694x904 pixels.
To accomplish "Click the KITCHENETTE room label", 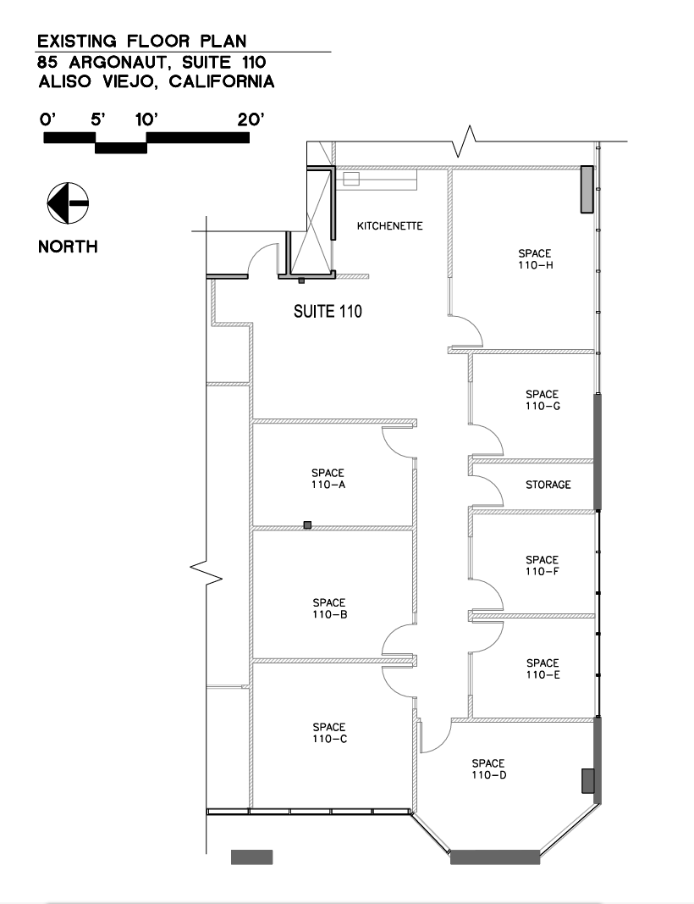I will point(389,226).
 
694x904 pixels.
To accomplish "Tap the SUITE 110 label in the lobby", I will point(328,312).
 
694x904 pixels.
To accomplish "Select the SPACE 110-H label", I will point(535,259).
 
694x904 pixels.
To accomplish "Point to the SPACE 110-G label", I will point(542,400).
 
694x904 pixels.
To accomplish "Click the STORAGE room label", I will point(548,485).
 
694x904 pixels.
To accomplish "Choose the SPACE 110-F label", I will point(542,566).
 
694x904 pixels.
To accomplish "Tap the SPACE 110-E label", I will point(543,669).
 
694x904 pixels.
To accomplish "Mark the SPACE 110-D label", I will point(488,768).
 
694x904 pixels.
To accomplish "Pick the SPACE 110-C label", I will point(328,733).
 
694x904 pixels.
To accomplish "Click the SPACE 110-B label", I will point(328,609).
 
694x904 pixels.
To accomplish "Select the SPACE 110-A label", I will point(328,480).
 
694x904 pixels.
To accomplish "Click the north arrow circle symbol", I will point(68,203).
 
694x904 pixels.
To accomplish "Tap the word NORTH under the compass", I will point(68,247).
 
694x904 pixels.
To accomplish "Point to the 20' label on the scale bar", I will point(251,119).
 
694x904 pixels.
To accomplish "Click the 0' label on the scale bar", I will point(47,119).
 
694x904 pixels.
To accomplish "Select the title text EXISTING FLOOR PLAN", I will point(143,41).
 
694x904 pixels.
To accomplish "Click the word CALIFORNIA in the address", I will point(221,82).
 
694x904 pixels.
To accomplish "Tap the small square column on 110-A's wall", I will point(307,525).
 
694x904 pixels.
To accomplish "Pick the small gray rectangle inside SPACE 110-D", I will point(587,780).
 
